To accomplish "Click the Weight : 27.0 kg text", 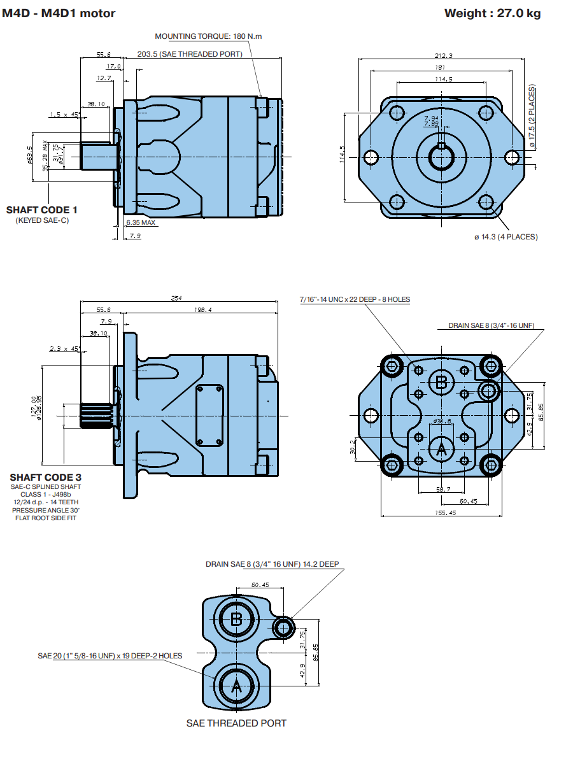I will point(492,13).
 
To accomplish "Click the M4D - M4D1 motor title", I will point(59,13).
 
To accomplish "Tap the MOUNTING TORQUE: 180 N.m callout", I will point(208,36).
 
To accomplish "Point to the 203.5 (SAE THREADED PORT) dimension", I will point(190,54).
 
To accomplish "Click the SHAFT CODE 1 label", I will point(42,209).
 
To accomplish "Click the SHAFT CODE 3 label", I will point(46,477).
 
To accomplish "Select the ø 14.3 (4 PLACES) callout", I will point(506,237).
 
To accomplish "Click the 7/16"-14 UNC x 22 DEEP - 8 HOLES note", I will point(355,299).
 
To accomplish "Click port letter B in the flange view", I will point(441,382).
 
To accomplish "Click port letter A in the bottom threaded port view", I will point(236,687).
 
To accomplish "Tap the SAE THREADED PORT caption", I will point(236,723).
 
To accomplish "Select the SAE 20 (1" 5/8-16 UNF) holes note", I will point(110,656).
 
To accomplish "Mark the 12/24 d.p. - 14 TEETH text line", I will point(46,502).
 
